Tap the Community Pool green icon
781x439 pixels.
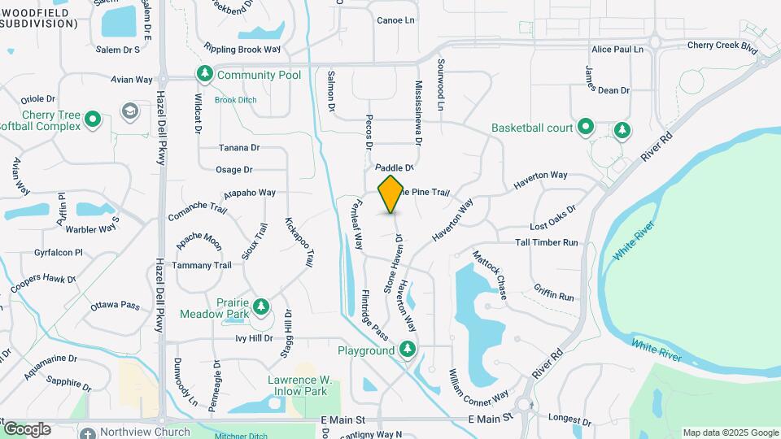(204, 75)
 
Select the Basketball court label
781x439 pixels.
(533, 128)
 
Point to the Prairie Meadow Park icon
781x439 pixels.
(261, 306)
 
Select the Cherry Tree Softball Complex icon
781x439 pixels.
(93, 120)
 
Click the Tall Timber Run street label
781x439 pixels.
(546, 243)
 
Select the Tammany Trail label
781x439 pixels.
(201, 266)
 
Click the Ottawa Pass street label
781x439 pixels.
(116, 306)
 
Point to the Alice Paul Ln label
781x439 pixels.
(617, 50)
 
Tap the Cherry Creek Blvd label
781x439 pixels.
(722, 47)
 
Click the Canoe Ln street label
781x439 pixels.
(395, 20)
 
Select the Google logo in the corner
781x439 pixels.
(27, 428)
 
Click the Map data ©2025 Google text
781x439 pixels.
(730, 432)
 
